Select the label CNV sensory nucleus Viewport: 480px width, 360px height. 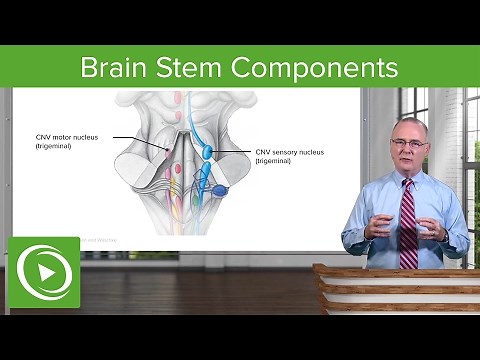pos(289,152)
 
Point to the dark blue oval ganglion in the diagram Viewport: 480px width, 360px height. pos(219,191)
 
